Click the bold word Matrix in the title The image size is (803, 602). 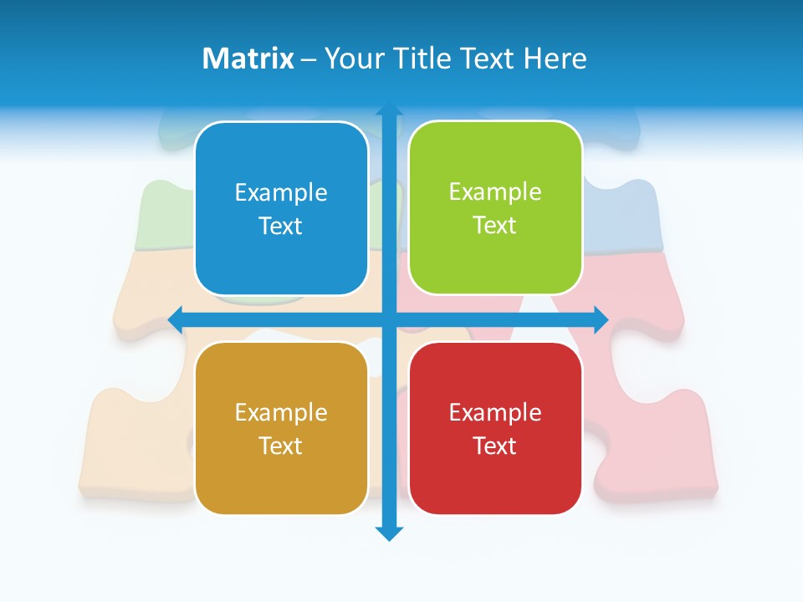click(x=248, y=59)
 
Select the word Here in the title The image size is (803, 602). click(x=555, y=59)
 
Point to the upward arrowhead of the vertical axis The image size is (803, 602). click(x=389, y=110)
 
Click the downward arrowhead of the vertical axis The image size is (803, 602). click(x=389, y=533)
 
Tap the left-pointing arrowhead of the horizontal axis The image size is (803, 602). click(x=176, y=319)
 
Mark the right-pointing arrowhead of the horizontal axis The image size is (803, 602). click(x=601, y=319)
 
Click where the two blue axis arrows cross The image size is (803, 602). click(x=389, y=319)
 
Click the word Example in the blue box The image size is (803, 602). click(x=281, y=193)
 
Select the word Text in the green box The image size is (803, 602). click(x=495, y=226)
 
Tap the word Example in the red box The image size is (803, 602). click(x=495, y=412)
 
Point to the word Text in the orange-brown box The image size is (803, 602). click(x=281, y=446)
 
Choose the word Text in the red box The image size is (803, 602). click(x=495, y=446)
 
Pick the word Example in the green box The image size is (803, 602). click(x=495, y=192)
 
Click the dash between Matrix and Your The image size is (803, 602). click(x=309, y=59)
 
